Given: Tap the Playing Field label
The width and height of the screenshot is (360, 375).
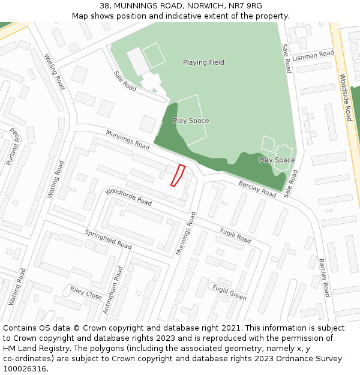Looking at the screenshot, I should pos(203,62).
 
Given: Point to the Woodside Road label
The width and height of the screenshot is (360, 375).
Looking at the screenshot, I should pos(346,97).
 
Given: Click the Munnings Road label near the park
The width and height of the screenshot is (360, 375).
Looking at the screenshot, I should pos(128,140).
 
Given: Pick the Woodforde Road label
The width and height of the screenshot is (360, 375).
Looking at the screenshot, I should pos(128,197).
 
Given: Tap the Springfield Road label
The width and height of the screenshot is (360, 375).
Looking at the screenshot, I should pos(108,239).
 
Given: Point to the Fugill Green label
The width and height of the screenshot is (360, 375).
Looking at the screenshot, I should pos(229,292).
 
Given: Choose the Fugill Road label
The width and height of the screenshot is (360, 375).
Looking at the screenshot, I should pos(235,235).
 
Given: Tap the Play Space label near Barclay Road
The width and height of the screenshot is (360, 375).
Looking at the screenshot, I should pos(277,160).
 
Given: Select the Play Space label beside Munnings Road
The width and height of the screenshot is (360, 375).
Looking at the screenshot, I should pos(191,121).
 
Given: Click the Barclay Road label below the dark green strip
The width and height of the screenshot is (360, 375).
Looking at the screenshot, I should pos(257,188).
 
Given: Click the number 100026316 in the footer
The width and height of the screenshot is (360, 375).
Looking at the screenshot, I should pos(25,369).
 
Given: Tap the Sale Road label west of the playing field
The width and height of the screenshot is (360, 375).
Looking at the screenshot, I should pos(125,80).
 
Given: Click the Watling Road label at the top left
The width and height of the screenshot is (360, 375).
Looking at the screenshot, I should pos(55,72).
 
